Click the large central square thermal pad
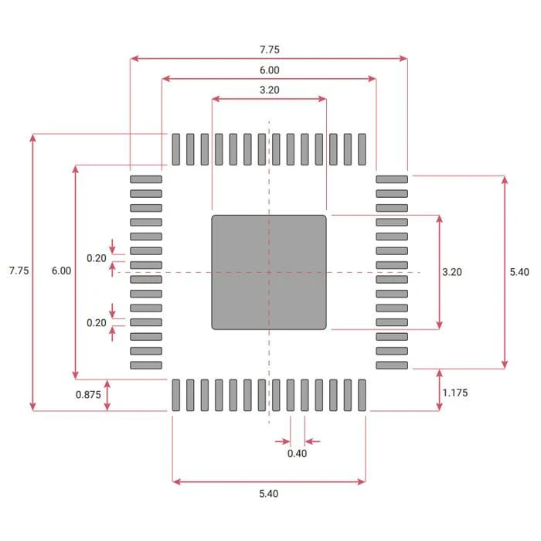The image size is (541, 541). (269, 272)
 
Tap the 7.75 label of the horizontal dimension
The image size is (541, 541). (269, 49)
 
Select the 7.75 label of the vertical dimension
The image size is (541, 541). (19, 271)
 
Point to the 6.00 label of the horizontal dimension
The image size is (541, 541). (269, 70)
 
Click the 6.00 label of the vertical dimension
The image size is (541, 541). (61, 271)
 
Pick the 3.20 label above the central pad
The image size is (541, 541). (269, 90)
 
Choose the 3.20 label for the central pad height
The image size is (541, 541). (452, 272)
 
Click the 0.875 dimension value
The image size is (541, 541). (87, 395)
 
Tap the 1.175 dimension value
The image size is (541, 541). (455, 393)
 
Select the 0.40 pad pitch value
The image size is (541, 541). (297, 454)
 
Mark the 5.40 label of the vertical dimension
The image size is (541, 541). (519, 272)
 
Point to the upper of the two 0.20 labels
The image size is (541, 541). (97, 258)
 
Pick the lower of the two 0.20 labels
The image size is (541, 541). (97, 323)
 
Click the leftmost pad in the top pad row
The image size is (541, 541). (176, 149)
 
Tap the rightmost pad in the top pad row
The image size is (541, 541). (362, 149)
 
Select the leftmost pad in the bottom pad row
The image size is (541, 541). (176, 395)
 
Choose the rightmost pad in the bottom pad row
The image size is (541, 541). (362, 395)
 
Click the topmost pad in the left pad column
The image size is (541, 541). (146, 179)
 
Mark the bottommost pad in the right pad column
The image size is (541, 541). (392, 365)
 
